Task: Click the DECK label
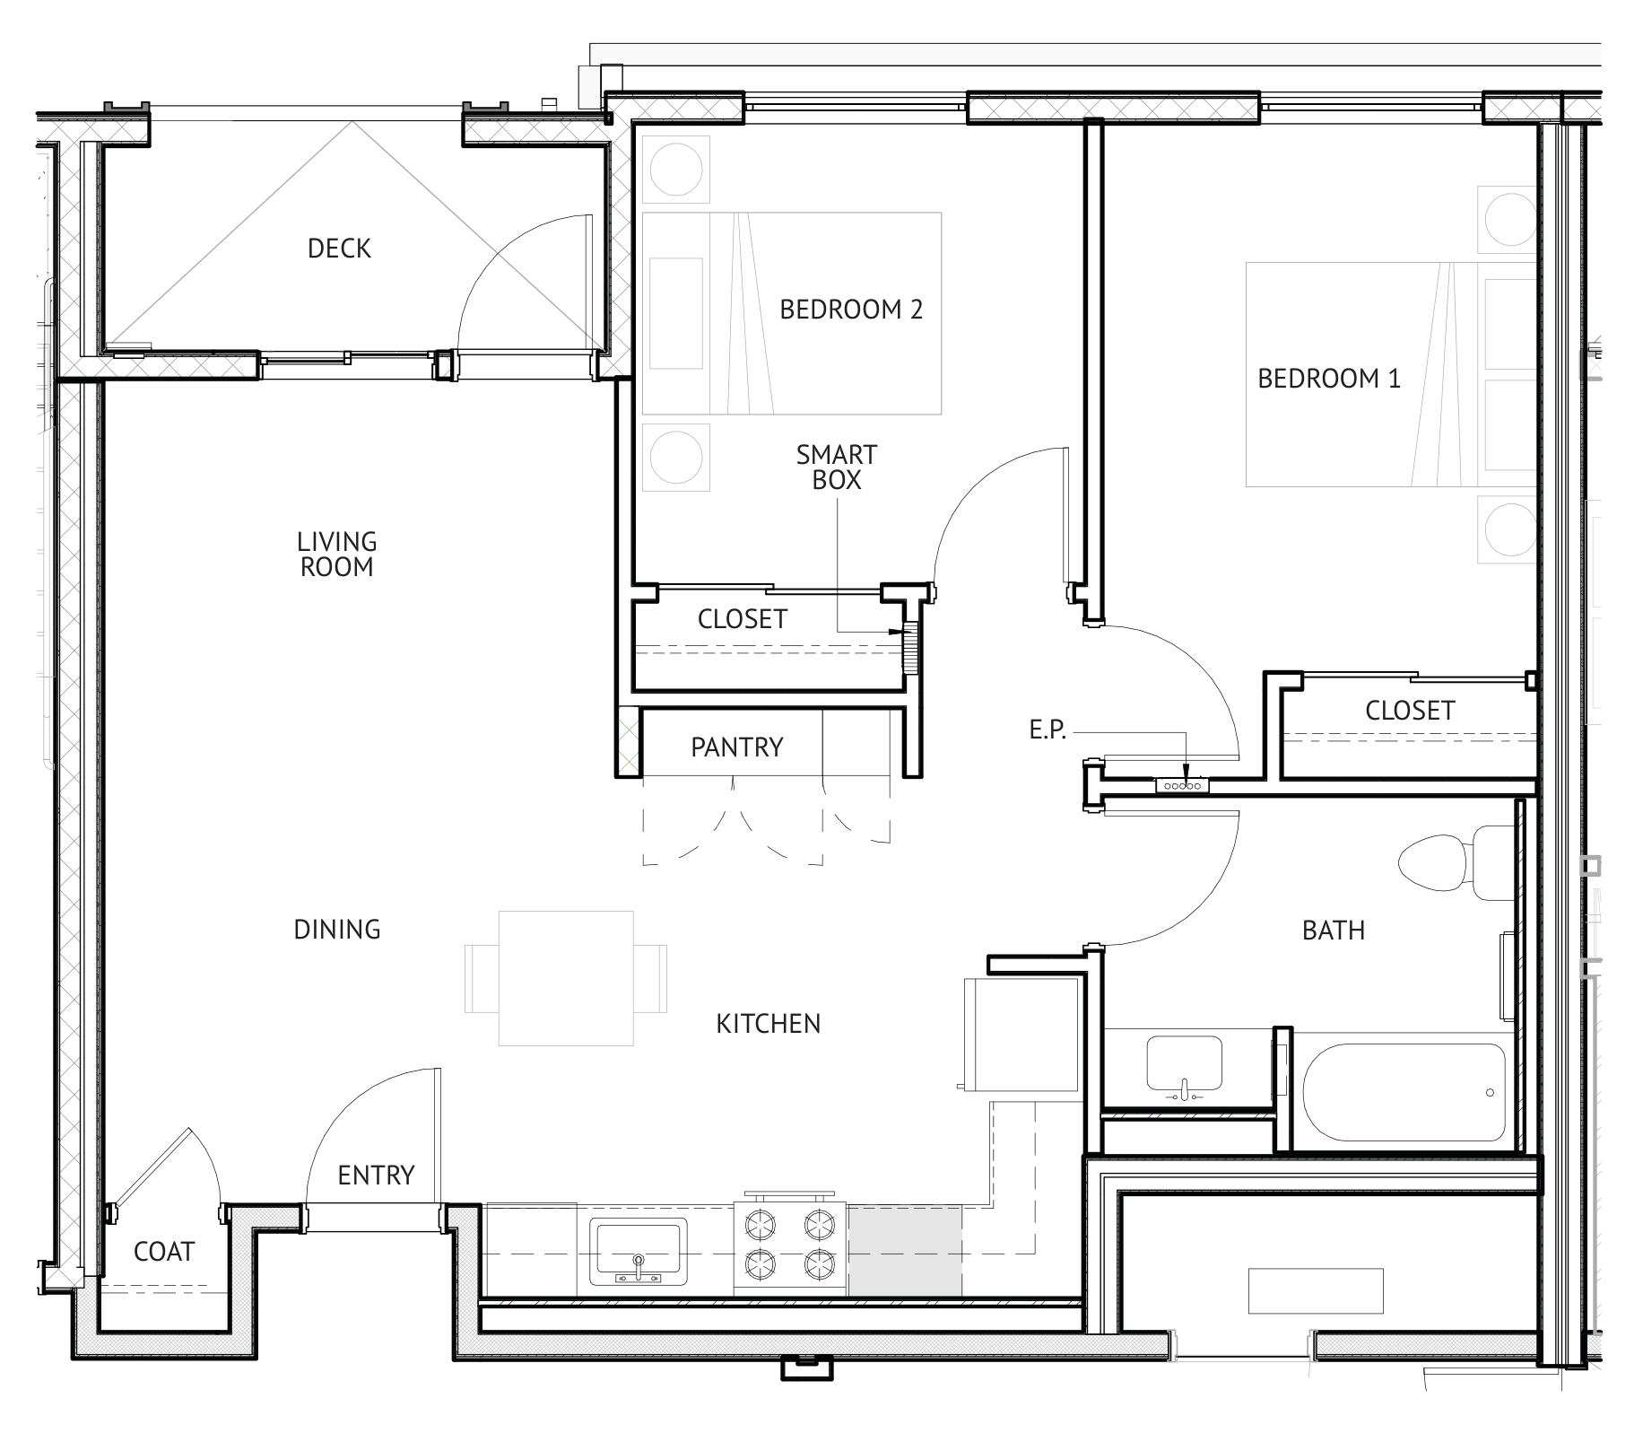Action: coord(339,249)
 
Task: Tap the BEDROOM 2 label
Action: coord(851,310)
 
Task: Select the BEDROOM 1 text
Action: coord(1328,379)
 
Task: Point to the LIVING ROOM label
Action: coord(337,555)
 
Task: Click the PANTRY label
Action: coord(737,747)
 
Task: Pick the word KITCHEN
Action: coord(769,1024)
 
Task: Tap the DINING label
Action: coord(337,930)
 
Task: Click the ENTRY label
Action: coord(376,1175)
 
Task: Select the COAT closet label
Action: coord(164,1252)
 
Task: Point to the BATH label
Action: coord(1334,931)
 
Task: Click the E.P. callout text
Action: coord(1048,730)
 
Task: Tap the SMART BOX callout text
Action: coord(837,468)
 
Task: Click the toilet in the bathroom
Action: coord(1456,863)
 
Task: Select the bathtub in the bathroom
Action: coord(1403,1092)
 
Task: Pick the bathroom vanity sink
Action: coord(1184,1066)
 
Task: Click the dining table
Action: coord(566,978)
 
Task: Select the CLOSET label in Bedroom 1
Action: coord(1410,711)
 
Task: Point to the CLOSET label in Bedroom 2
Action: coord(743,619)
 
